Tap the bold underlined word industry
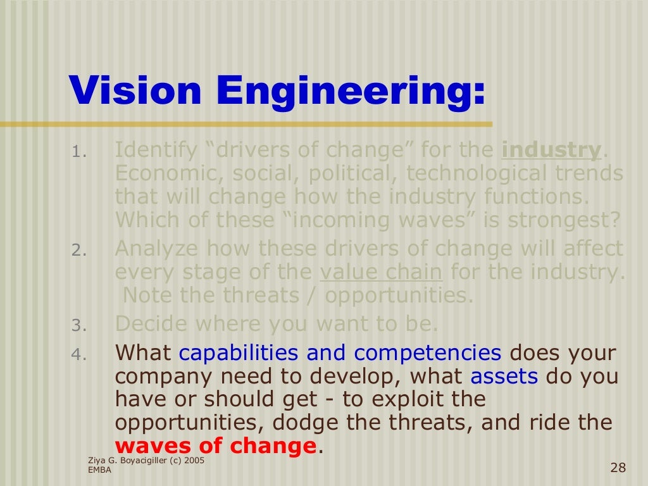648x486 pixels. pyautogui.click(x=551, y=151)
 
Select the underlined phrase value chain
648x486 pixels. pyautogui.click(x=381, y=273)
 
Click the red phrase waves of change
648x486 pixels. pyautogui.click(x=215, y=445)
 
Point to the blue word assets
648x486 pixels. pyautogui.click(x=504, y=377)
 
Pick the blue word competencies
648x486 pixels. pyautogui.click(x=427, y=352)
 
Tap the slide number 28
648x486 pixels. pyautogui.click(x=618, y=468)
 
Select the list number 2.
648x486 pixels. pyautogui.click(x=77, y=251)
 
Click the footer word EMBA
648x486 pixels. pyautogui.click(x=99, y=470)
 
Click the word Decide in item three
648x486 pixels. pyautogui.click(x=153, y=324)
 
